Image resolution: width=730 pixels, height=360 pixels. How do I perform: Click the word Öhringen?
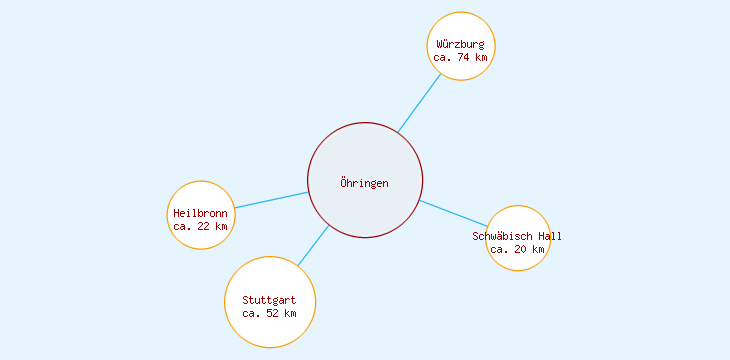point(364,183)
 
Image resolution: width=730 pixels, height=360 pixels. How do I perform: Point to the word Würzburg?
point(461,44)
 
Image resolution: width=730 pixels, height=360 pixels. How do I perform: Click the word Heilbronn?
point(200,213)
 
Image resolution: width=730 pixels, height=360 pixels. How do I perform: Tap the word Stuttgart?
point(269,300)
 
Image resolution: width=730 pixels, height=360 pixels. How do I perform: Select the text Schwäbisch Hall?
point(517,236)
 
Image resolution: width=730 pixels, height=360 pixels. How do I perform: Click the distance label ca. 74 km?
point(461,58)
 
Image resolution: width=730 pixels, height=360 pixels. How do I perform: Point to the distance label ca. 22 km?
point(200,227)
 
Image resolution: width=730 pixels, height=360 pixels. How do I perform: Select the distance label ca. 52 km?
point(269,314)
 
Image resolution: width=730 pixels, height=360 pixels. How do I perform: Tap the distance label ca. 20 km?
point(517,250)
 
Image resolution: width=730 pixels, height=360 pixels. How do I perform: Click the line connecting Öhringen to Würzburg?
point(420,102)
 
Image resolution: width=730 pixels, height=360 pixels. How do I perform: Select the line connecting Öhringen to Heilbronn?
point(271,200)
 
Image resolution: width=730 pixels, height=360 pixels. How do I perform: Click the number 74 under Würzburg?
point(464,58)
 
